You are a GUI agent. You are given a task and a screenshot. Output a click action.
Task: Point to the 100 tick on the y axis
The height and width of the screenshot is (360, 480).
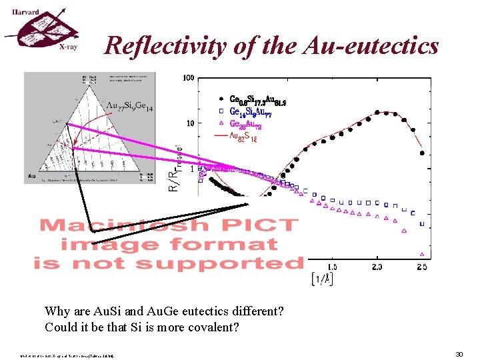[189, 79]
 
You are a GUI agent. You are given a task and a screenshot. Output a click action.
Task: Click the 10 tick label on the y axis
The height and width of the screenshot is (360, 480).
[190, 123]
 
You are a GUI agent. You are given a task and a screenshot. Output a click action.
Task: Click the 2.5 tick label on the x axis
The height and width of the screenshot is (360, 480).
[421, 267]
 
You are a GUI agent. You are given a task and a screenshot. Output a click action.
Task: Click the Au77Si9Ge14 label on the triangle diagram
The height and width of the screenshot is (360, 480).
[131, 107]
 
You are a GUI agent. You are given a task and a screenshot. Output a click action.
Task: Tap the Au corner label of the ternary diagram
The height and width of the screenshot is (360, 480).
[31, 177]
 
